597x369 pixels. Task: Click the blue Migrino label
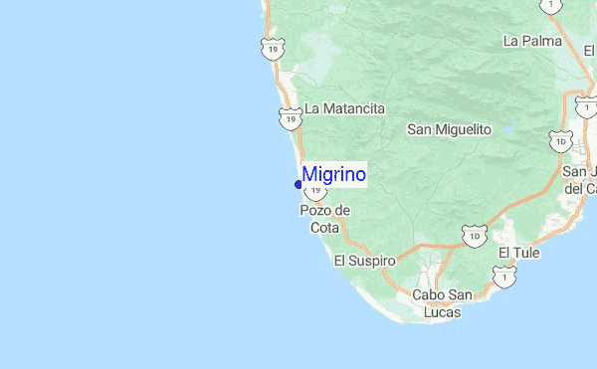coord(334,175)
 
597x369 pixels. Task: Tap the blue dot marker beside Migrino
coord(298,184)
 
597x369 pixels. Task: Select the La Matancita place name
coord(344,108)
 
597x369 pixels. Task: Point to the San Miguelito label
coord(450,129)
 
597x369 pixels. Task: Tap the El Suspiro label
coord(364,261)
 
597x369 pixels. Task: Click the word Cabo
coord(429,295)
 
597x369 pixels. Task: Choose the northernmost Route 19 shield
coord(272,47)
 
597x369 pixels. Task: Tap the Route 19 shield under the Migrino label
coord(315,189)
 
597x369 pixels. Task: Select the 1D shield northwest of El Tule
coord(474,236)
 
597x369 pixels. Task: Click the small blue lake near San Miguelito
coord(507,128)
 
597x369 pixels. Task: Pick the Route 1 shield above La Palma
coord(549,5)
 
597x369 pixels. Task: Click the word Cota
coord(324,228)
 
